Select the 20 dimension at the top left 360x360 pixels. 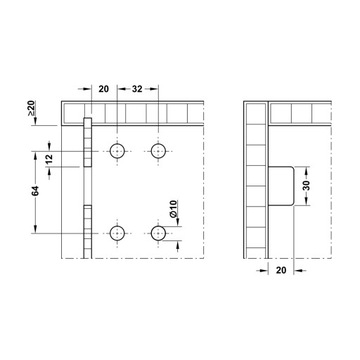pos(105,88)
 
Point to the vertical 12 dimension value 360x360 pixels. pos(51,160)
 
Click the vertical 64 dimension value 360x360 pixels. pos(36,191)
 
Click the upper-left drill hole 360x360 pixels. pos(117,152)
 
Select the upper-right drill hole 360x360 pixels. pos(157,152)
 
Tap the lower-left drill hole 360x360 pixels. pos(117,233)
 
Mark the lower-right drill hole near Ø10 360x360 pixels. pos(157,233)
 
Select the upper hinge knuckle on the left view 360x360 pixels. pos(88,145)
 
